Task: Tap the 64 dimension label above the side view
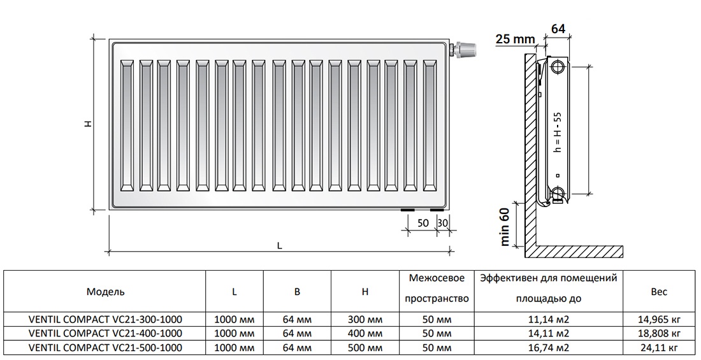point(558,29)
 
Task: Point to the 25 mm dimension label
point(515,39)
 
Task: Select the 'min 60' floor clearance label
point(505,226)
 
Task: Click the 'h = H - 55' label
point(557,132)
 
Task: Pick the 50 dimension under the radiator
point(423,223)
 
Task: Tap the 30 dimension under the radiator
point(443,223)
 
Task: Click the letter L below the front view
point(279,245)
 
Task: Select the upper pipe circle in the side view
point(558,68)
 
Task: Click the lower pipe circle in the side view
point(558,193)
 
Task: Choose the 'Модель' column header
point(106,292)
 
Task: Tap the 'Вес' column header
point(659,292)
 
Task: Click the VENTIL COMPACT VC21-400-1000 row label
point(106,333)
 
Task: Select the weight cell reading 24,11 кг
point(659,347)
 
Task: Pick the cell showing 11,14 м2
point(548,320)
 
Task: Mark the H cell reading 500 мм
point(365,347)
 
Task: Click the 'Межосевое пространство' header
point(437,289)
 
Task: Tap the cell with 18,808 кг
point(659,333)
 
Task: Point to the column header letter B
point(298,292)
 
